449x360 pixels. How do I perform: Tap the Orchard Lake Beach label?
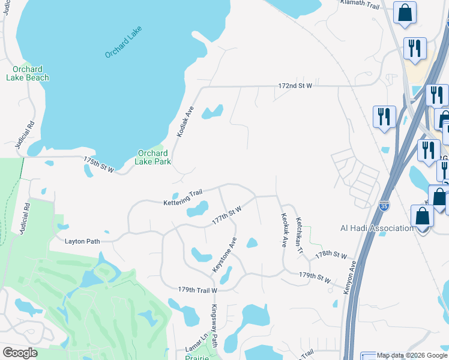click(28, 73)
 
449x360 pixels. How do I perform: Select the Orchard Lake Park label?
click(152, 157)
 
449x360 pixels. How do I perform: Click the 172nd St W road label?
click(295, 86)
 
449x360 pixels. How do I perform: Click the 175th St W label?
click(99, 165)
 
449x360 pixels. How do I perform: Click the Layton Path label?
click(82, 241)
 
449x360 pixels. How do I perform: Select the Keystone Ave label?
click(224, 256)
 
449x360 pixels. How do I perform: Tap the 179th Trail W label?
click(197, 290)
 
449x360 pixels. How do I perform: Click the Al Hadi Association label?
click(377, 228)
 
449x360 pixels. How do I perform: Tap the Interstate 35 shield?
click(384, 206)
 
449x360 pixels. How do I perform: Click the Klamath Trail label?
click(361, 3)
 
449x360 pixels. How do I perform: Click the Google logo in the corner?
click(20, 353)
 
